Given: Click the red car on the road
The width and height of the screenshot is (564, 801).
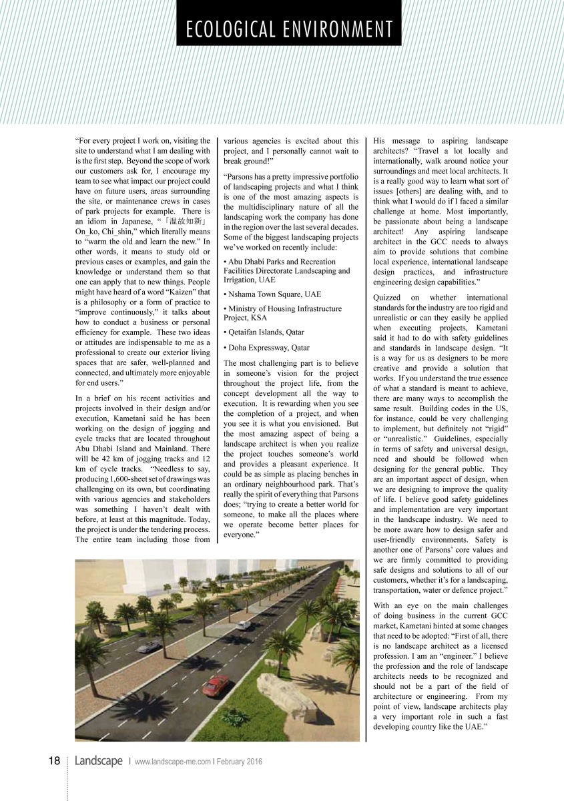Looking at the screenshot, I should point(215,685).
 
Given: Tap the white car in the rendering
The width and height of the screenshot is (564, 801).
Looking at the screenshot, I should point(244,625).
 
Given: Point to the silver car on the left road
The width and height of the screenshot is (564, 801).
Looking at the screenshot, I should point(152,645).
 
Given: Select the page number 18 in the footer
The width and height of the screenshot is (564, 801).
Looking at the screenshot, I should point(54,762).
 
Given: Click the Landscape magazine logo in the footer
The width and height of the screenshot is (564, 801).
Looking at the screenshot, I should point(98,762).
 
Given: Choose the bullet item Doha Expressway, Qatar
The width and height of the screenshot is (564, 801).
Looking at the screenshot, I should point(267,348).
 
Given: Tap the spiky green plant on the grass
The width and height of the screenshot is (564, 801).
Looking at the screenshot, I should point(235,718).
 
